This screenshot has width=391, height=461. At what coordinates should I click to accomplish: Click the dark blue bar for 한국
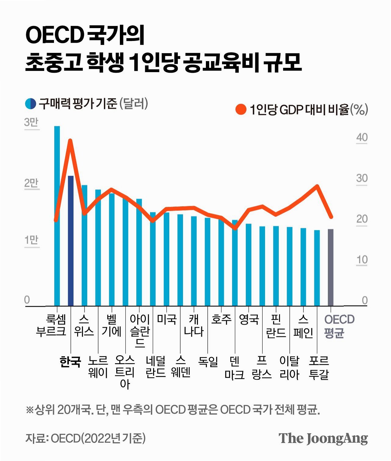pos(70,241)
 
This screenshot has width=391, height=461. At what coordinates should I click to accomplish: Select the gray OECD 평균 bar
pos(331,267)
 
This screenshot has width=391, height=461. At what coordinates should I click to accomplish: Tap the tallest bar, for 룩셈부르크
pos(57,216)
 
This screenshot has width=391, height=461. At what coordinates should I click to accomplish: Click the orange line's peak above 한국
pos(70,141)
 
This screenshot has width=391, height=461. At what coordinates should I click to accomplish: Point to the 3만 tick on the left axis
pos(31,123)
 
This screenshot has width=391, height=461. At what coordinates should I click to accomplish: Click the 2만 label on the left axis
pos(31,183)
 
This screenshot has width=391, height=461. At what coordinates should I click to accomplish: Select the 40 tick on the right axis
pos(362,137)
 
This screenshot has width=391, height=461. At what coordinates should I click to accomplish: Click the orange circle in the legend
pos(241,109)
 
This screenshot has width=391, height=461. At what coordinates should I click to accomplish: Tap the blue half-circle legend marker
pos(30,104)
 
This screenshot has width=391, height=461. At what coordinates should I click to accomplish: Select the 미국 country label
pos(167,319)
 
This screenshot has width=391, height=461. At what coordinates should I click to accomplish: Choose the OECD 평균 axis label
pos(339,326)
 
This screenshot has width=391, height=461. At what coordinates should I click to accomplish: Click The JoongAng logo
pos(323,438)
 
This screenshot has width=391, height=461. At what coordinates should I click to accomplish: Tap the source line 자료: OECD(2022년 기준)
pos(86,438)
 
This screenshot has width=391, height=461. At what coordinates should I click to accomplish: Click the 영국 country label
pos(249,319)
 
